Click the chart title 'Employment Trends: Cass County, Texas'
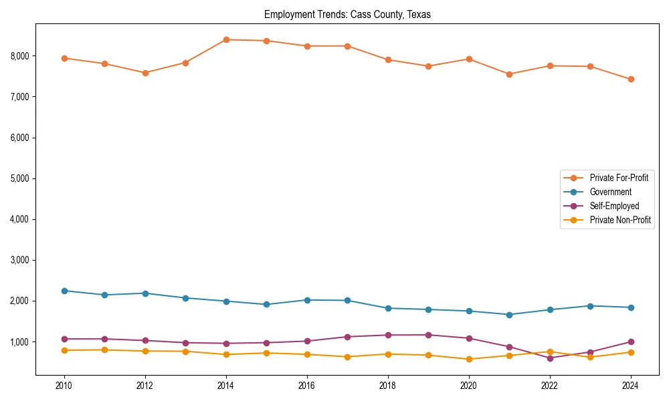tap(347, 14)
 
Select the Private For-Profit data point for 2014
tap(226, 39)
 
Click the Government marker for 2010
tap(64, 291)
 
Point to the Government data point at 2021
tap(509, 315)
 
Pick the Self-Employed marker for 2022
tap(550, 358)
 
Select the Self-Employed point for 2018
tap(388, 335)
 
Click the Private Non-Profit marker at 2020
tap(469, 360)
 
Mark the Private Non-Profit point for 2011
tap(105, 350)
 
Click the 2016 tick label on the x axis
tap(307, 386)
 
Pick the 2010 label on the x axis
tap(64, 386)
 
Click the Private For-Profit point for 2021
tap(509, 74)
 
